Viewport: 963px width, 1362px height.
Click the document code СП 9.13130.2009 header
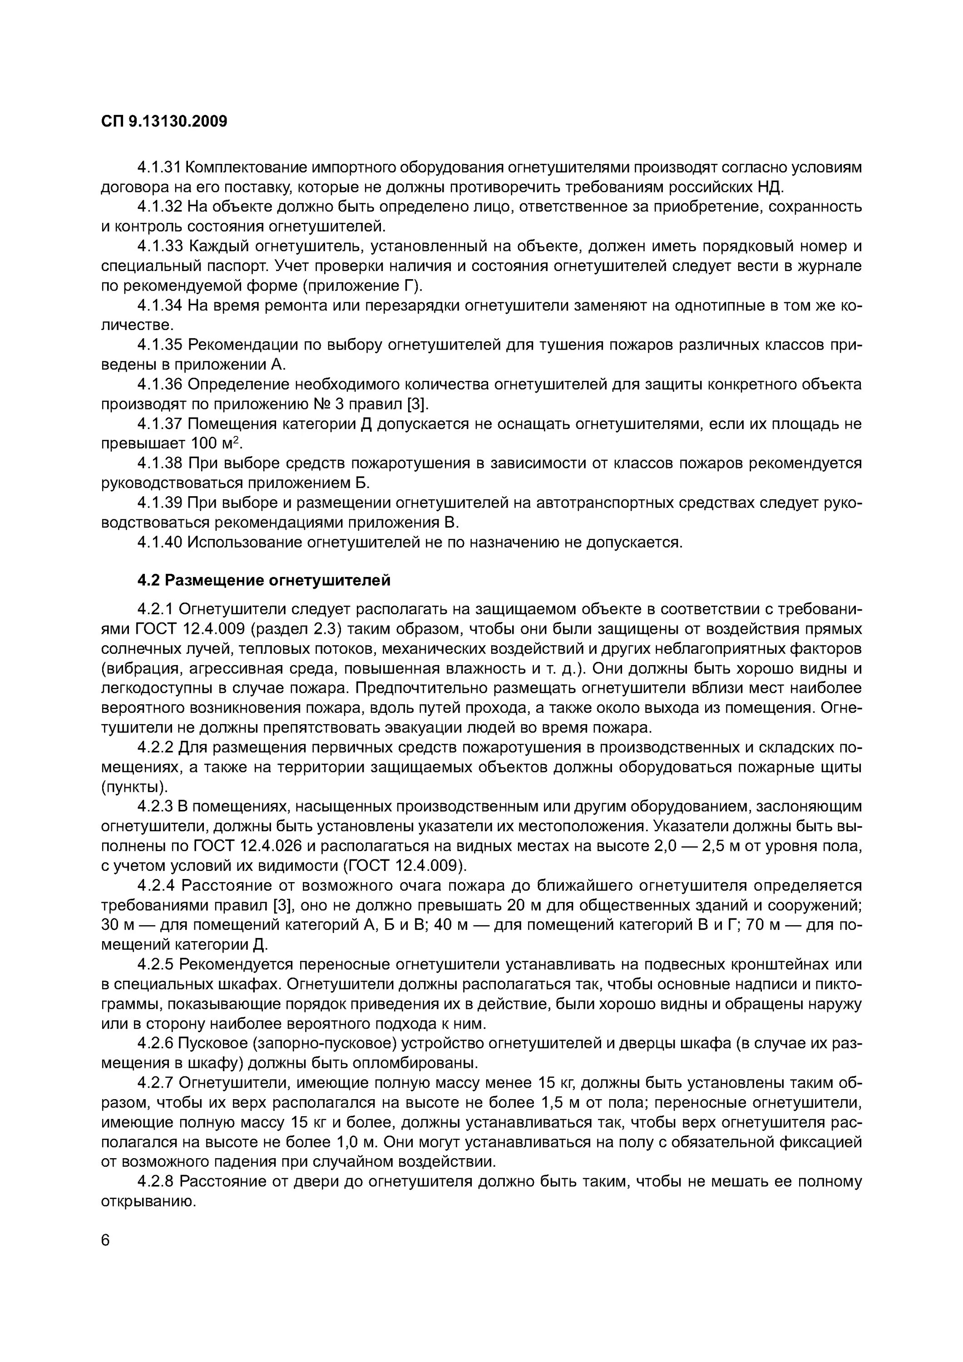pyautogui.click(x=164, y=122)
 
